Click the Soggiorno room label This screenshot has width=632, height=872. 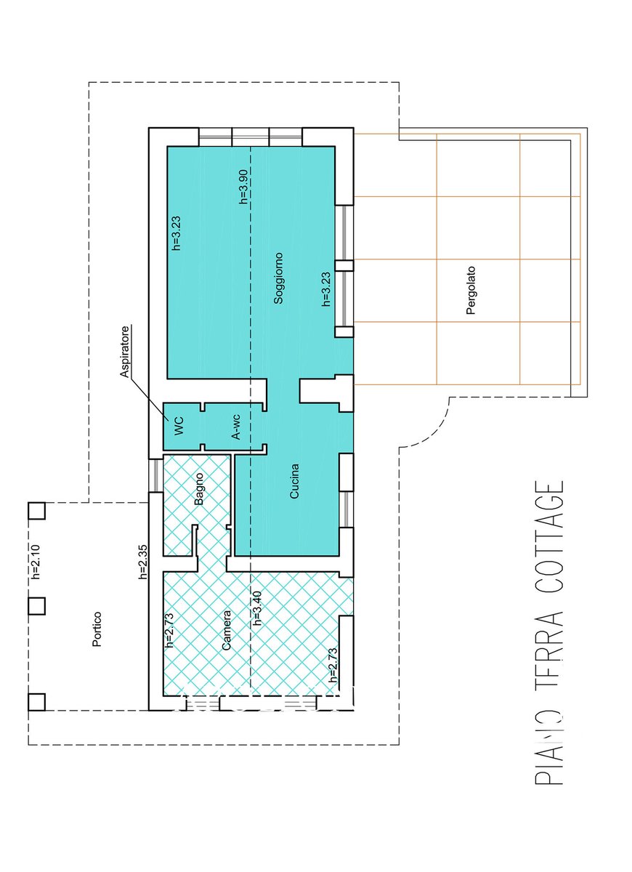(x=278, y=278)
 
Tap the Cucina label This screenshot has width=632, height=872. (x=294, y=481)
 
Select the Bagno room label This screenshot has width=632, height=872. (x=199, y=488)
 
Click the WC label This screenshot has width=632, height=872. (x=179, y=426)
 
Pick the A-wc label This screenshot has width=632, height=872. (x=236, y=427)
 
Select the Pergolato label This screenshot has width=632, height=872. (x=471, y=290)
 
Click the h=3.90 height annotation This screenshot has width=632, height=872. (x=243, y=187)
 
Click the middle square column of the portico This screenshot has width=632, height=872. (x=36, y=606)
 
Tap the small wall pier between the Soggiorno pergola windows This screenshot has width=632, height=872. (x=344, y=265)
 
